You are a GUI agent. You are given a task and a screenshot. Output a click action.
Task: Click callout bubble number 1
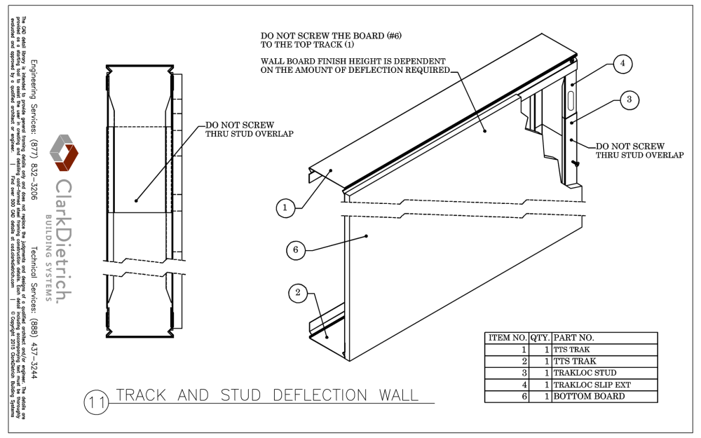tap(285, 207)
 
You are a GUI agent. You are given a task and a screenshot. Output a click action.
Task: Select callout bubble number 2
tap(298, 294)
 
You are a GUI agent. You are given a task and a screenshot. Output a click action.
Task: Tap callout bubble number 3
tap(629, 100)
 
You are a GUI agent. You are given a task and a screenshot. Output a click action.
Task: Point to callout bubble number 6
tap(296, 249)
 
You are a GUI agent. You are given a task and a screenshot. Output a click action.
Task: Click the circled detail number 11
tap(95, 404)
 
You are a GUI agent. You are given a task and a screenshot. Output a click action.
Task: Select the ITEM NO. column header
tap(506, 337)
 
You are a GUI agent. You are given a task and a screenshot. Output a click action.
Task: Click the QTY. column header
tap(540, 337)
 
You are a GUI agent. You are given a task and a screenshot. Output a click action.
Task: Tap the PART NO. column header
tap(604, 337)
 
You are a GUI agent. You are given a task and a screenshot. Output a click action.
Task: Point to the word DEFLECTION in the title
tap(311, 395)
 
